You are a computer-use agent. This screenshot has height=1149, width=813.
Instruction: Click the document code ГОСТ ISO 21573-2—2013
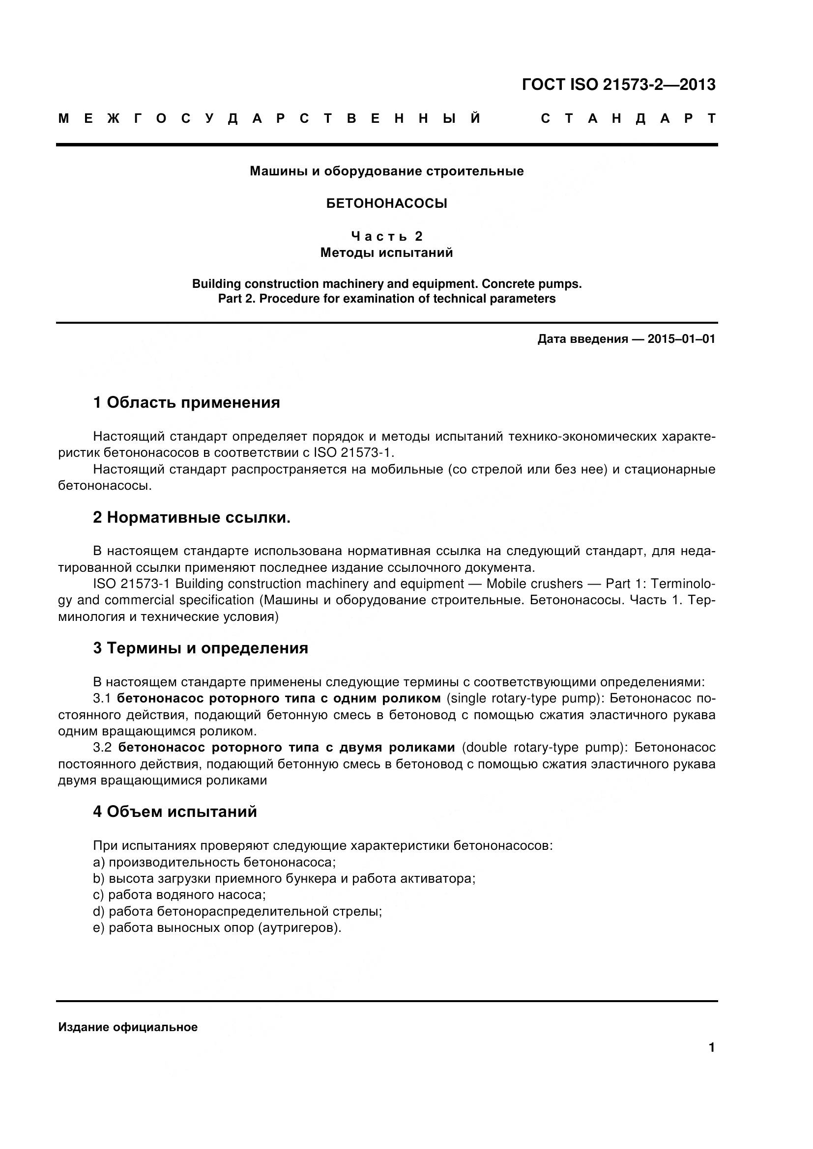(x=618, y=84)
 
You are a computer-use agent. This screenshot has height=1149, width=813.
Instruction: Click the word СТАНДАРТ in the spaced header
(x=628, y=118)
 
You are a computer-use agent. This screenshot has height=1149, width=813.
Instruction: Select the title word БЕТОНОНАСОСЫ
(x=386, y=204)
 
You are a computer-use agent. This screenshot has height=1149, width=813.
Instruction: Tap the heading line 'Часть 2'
(x=386, y=236)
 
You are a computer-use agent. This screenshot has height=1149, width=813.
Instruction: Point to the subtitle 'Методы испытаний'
(x=386, y=252)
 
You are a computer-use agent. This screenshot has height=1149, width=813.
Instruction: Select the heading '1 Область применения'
(x=186, y=402)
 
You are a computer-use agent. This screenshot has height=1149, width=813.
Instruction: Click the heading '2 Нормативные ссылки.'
(x=191, y=517)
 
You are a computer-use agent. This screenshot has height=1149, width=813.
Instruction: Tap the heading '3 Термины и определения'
(x=200, y=648)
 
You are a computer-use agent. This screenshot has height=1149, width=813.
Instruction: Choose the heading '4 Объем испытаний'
(x=174, y=812)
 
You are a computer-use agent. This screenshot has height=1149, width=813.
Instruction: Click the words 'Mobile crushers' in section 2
(x=534, y=584)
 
